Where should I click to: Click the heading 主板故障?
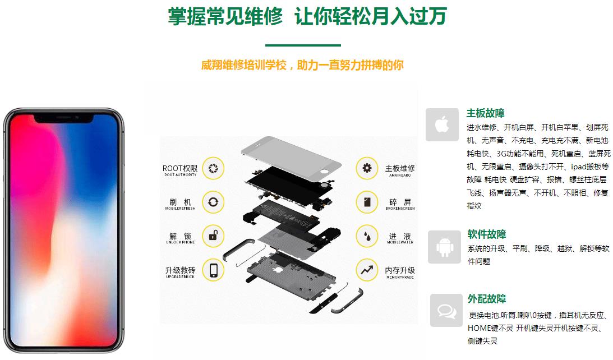pos(485,113)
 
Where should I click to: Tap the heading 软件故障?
pos(486,234)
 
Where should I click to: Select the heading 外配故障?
pos(486,299)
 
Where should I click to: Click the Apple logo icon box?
pos(442,124)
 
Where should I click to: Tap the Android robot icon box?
pos(444,247)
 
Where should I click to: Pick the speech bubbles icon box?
pos(446,310)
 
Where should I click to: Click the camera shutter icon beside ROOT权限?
pos(213,168)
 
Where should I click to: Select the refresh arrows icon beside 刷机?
pos(213,202)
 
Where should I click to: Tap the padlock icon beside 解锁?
pos(213,236)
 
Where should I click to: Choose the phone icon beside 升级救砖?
pos(213,270)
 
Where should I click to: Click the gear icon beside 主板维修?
pos(367,168)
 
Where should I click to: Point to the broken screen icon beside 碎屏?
pos(367,202)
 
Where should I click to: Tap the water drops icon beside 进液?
pos(367,236)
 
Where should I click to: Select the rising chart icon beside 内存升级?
pos(367,270)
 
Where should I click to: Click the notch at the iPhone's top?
pos(64,119)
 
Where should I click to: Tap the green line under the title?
pos(303,45)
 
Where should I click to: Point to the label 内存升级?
pos(400,271)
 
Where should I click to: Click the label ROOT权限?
pos(180,169)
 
